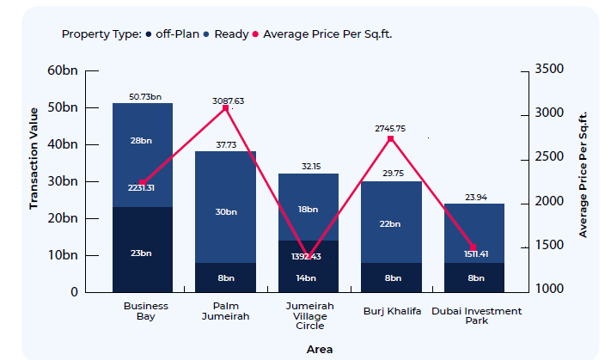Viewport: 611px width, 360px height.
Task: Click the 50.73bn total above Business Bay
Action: [x=144, y=96]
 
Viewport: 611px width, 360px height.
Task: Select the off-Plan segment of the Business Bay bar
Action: [x=143, y=249]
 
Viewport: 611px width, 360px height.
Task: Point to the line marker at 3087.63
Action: [x=226, y=108]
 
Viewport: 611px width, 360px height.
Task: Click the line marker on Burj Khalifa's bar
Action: [x=391, y=138]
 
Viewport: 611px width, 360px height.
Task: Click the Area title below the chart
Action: [x=319, y=349]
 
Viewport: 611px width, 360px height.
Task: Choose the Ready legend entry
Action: [x=231, y=34]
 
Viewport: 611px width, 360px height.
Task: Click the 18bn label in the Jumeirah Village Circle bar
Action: [x=308, y=209]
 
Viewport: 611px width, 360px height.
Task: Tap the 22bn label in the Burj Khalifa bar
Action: [x=391, y=223]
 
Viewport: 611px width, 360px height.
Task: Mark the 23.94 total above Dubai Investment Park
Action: [x=474, y=196]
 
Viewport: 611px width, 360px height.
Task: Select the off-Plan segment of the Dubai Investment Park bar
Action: [x=474, y=278]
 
